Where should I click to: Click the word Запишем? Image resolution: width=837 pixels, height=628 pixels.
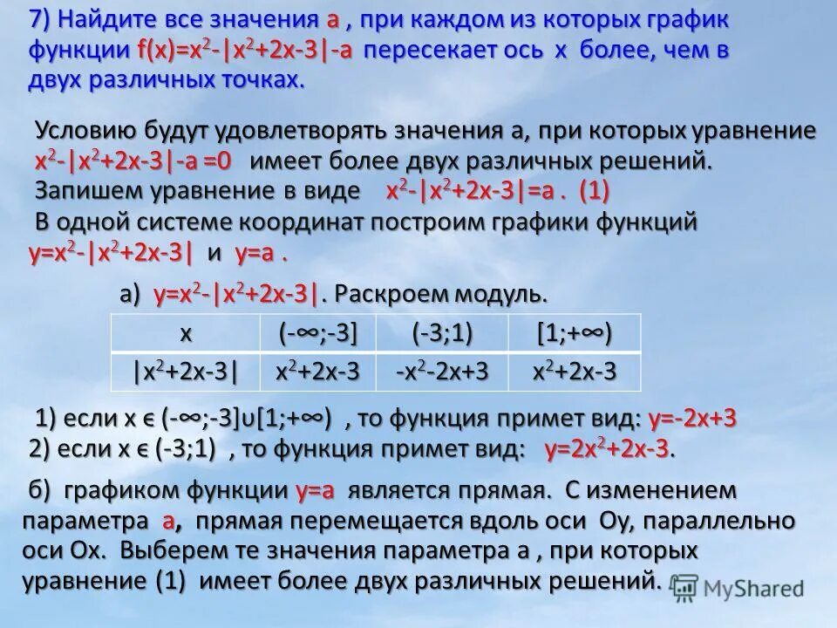(x=85, y=190)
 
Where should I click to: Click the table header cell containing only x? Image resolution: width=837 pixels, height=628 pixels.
(x=186, y=335)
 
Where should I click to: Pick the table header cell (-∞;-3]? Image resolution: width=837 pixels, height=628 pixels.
(x=317, y=335)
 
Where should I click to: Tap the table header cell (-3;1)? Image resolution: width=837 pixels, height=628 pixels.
(x=441, y=335)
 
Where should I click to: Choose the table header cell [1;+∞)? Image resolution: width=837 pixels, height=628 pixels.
(x=573, y=335)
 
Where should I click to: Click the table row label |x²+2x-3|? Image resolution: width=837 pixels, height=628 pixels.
(x=186, y=372)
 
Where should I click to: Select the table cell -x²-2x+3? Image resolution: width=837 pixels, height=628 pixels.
(x=441, y=372)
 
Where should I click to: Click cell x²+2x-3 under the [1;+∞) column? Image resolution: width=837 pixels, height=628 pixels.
(x=573, y=372)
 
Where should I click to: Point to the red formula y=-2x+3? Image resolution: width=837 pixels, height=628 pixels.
(x=692, y=420)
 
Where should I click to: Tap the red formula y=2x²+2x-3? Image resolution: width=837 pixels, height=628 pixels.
(x=609, y=450)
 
